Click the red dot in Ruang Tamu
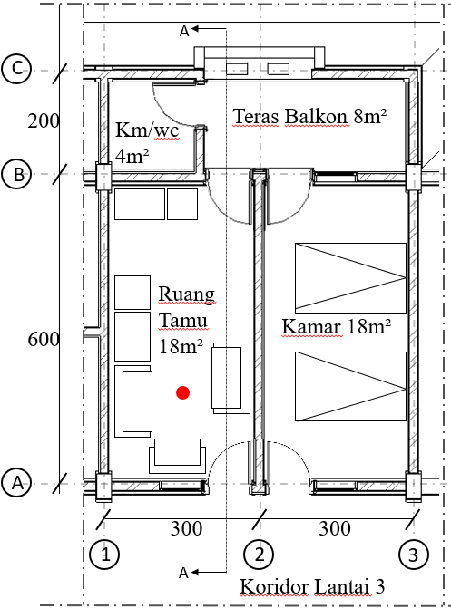click(x=182, y=392)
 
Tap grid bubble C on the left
click(x=16, y=69)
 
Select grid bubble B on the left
click(x=16, y=174)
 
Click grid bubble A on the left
click(x=16, y=483)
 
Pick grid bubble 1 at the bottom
click(x=104, y=555)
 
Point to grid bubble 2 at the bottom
click(x=260, y=555)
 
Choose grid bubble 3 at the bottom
click(x=414, y=555)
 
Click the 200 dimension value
click(x=44, y=121)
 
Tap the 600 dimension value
click(x=44, y=339)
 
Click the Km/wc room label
click(x=147, y=130)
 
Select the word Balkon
click(x=316, y=116)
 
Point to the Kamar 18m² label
click(x=336, y=326)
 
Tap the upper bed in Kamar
click(x=350, y=277)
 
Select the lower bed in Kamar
click(x=350, y=386)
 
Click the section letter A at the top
click(x=184, y=31)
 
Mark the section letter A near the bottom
click(x=184, y=573)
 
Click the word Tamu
click(x=183, y=320)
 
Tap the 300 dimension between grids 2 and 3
click(x=335, y=528)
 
